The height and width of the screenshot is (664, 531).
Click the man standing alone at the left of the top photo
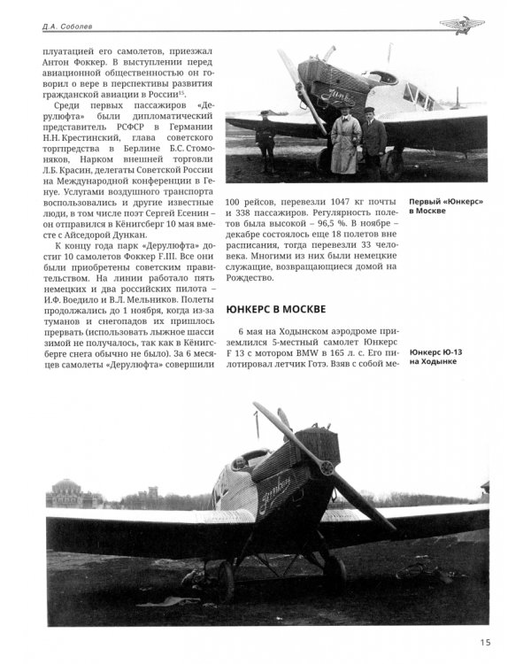tap(265, 142)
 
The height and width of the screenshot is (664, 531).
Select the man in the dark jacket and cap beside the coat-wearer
tap(373, 142)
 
